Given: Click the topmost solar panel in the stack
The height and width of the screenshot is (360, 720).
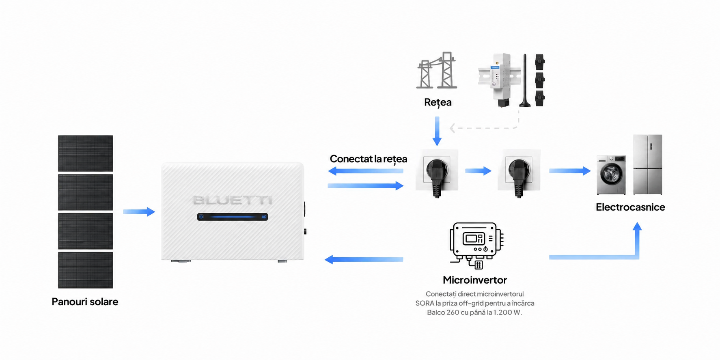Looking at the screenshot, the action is click(85, 153).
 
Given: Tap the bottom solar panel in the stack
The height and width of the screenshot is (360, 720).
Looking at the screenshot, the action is click(85, 270).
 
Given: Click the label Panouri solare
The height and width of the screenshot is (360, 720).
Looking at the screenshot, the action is click(85, 302).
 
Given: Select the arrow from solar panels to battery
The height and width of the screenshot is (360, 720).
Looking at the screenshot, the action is click(139, 211).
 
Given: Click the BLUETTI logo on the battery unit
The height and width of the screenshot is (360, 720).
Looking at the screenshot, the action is click(233, 200).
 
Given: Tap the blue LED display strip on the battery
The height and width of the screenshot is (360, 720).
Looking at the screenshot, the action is click(233, 217).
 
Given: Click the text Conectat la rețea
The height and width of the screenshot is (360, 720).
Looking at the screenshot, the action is click(369, 159).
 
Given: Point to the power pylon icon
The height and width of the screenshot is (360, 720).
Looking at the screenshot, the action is click(437, 70).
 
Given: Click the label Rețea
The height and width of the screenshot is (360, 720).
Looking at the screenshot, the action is click(438, 102).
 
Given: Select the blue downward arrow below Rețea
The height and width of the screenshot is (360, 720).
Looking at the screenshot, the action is click(437, 131).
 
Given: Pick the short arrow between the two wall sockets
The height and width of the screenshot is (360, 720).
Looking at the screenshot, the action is click(478, 171).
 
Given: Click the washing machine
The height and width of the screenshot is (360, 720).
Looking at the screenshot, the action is click(611, 175).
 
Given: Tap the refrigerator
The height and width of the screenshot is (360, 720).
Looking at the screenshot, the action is click(648, 164).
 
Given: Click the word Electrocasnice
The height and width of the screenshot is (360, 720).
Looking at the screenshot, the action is click(630, 207).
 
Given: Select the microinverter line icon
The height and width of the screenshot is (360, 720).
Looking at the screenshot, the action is click(476, 245).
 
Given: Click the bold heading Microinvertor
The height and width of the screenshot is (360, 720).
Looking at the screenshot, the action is click(475, 280).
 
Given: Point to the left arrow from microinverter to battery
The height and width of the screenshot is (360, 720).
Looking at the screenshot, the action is click(364, 259).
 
